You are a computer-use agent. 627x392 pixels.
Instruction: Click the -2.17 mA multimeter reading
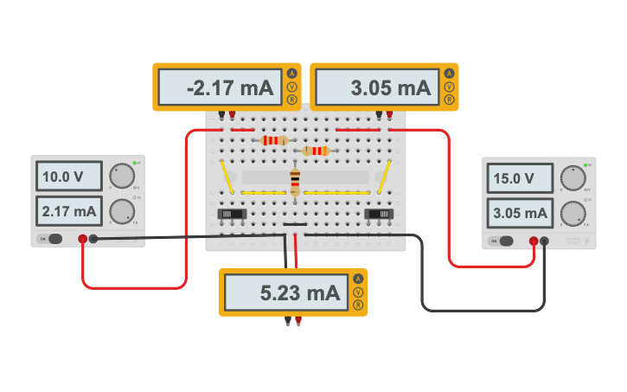tap(220, 87)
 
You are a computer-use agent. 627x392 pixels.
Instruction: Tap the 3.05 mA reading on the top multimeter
tap(377, 87)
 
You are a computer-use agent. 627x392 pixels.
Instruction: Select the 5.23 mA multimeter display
tap(286, 293)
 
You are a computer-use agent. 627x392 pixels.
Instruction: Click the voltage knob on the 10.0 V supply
tap(123, 177)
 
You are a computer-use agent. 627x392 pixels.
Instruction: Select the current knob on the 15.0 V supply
tap(572, 214)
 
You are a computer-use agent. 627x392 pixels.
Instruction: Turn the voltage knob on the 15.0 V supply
tap(572, 180)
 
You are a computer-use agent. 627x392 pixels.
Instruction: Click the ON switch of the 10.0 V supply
tap(54, 239)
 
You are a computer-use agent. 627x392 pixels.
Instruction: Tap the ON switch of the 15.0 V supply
tap(504, 241)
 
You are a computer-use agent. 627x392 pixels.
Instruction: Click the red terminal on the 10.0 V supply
tap(83, 239)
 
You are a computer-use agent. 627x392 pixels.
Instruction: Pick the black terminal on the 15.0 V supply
tap(544, 241)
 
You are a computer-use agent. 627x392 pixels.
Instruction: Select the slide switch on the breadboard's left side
tap(229, 213)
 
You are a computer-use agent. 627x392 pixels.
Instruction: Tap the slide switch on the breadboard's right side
tap(378, 213)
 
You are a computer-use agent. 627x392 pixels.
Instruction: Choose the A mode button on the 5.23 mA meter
tap(357, 279)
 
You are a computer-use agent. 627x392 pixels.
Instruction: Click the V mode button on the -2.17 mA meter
tap(291, 87)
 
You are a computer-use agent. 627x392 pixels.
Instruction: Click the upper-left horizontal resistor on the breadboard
tap(274, 140)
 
